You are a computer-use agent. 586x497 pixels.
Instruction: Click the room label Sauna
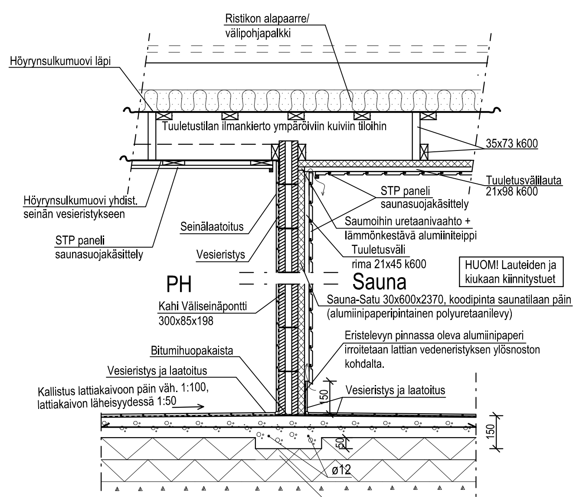379,282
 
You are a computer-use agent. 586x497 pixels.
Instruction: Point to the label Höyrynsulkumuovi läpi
60,62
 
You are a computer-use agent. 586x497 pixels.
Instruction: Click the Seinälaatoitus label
212,227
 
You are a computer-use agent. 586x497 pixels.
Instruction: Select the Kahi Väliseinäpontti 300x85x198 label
202,313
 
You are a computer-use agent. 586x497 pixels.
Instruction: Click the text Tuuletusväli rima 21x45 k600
388,257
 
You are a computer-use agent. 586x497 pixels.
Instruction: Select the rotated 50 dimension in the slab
340,443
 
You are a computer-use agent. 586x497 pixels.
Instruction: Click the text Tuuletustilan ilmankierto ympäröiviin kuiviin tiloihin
274,127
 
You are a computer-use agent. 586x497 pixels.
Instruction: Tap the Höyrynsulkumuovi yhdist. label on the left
73,207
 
